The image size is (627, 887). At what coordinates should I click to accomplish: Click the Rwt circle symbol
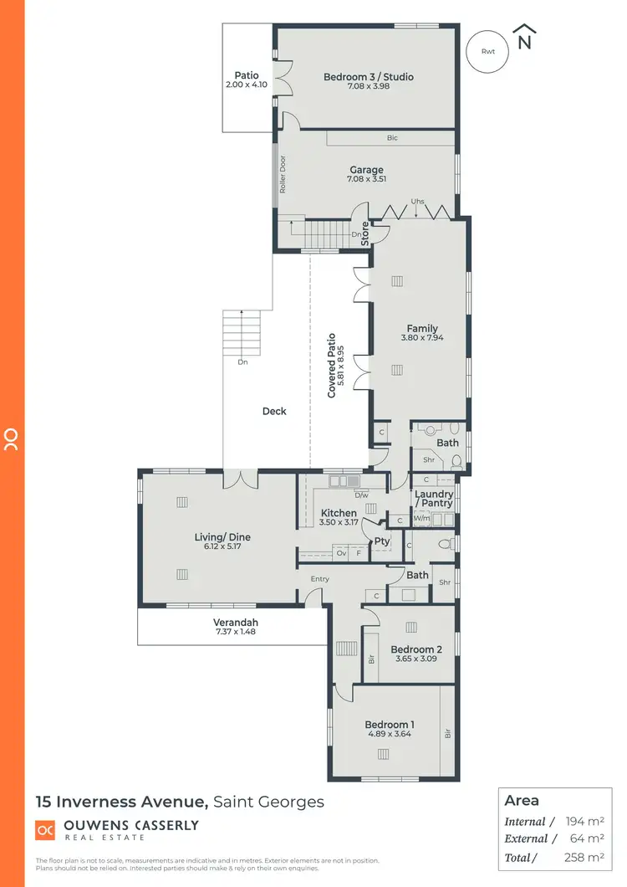coord(487,51)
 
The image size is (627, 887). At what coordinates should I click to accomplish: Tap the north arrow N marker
coord(525,39)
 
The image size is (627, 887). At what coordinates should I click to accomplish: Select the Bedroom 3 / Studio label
coord(369,77)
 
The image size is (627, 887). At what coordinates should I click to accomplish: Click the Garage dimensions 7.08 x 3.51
coord(366,178)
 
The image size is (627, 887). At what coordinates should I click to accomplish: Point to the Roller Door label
coord(283,174)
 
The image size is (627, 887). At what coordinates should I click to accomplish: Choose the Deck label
coord(274,411)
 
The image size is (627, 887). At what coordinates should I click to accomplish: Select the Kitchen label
coord(339,513)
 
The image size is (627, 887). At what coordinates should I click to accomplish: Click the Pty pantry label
coord(382,541)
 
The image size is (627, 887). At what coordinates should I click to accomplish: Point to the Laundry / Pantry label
coord(434,499)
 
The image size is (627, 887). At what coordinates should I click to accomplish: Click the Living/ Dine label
coord(222,537)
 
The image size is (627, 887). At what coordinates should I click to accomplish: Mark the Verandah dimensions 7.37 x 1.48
coord(235,632)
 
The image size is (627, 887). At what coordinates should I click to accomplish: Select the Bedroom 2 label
coord(415,649)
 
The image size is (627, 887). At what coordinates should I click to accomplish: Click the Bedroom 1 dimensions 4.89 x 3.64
coord(390,734)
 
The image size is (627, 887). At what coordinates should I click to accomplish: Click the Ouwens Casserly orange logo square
coord(44,829)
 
